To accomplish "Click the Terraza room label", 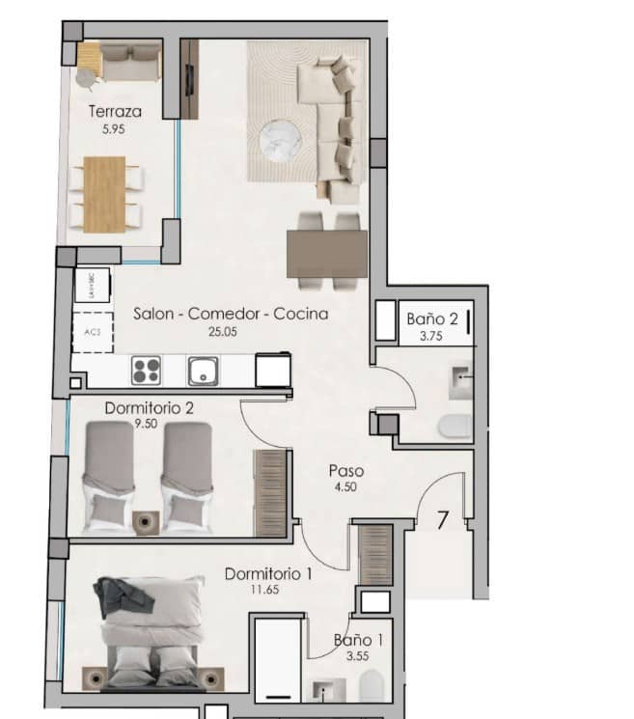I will click(x=108, y=111).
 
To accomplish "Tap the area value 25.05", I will click(x=223, y=331).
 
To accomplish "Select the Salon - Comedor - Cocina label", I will click(x=231, y=314).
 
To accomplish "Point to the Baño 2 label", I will click(x=431, y=318).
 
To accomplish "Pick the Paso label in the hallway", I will click(x=345, y=471).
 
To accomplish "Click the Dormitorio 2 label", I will click(x=150, y=407).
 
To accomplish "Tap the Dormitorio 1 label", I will click(x=268, y=574).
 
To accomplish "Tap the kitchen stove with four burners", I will click(x=146, y=371).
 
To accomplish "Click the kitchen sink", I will click(x=204, y=371).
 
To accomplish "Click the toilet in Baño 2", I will click(x=454, y=425).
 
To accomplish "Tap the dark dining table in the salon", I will click(x=326, y=254).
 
